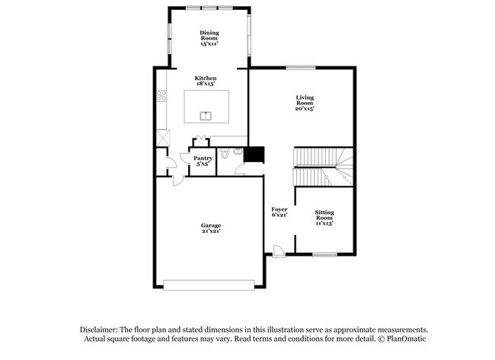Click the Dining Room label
(209, 38)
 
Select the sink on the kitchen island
(205, 116)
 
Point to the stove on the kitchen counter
(161, 96)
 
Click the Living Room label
(305, 103)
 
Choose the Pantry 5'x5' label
(203, 161)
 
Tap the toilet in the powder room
(225, 154)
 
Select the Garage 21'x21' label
(211, 229)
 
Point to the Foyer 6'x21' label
(279, 212)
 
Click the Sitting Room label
(324, 218)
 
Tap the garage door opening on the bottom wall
(209, 285)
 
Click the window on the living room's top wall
(301, 68)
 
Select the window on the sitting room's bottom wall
(324, 253)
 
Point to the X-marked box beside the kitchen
(162, 138)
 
